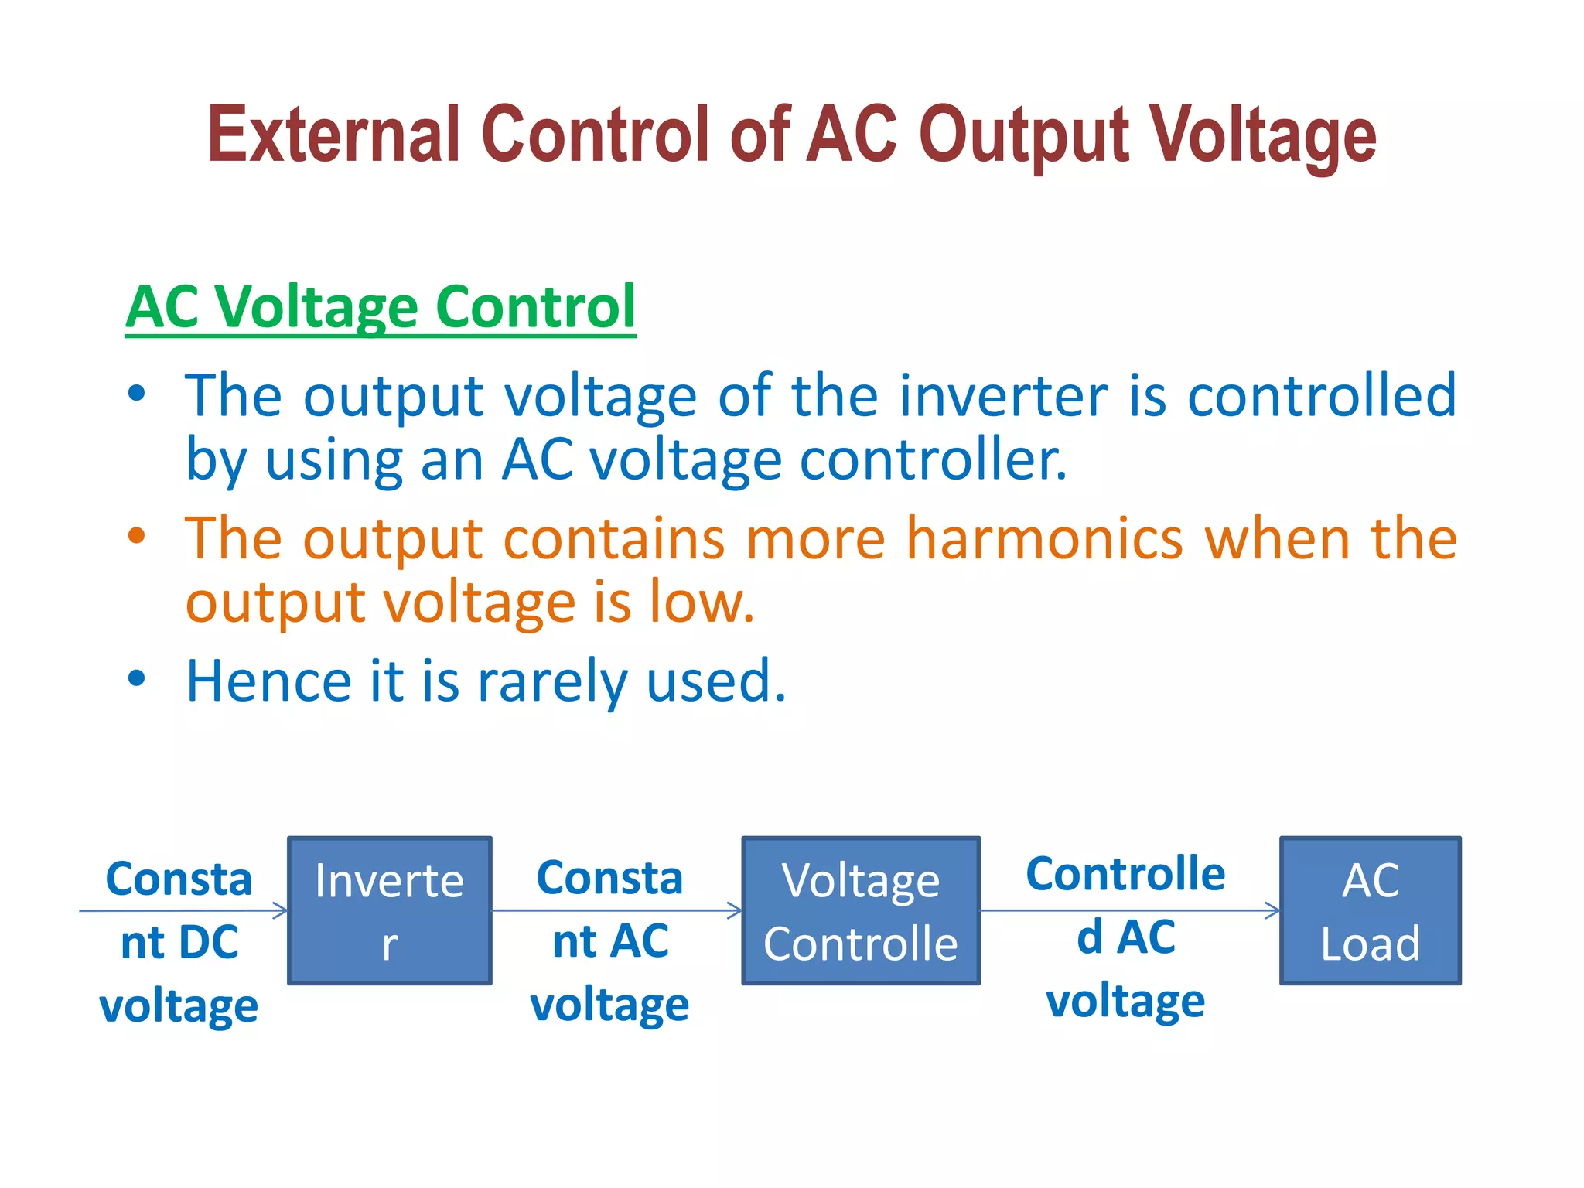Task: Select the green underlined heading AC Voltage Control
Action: point(380,307)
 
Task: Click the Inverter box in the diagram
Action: point(390,910)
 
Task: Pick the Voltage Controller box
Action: point(861,910)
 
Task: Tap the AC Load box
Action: point(1370,910)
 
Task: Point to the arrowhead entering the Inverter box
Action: point(282,910)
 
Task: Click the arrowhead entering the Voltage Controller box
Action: point(736,910)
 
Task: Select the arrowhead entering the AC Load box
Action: point(1274,910)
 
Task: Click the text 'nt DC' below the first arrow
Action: point(179,943)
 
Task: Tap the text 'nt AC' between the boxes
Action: point(610,941)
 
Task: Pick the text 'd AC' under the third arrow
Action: point(1125,937)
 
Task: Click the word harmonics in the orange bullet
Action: point(1044,538)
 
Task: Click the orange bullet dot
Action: point(137,535)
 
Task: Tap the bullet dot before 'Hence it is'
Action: point(137,678)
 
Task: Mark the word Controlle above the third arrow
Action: point(1125,874)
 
